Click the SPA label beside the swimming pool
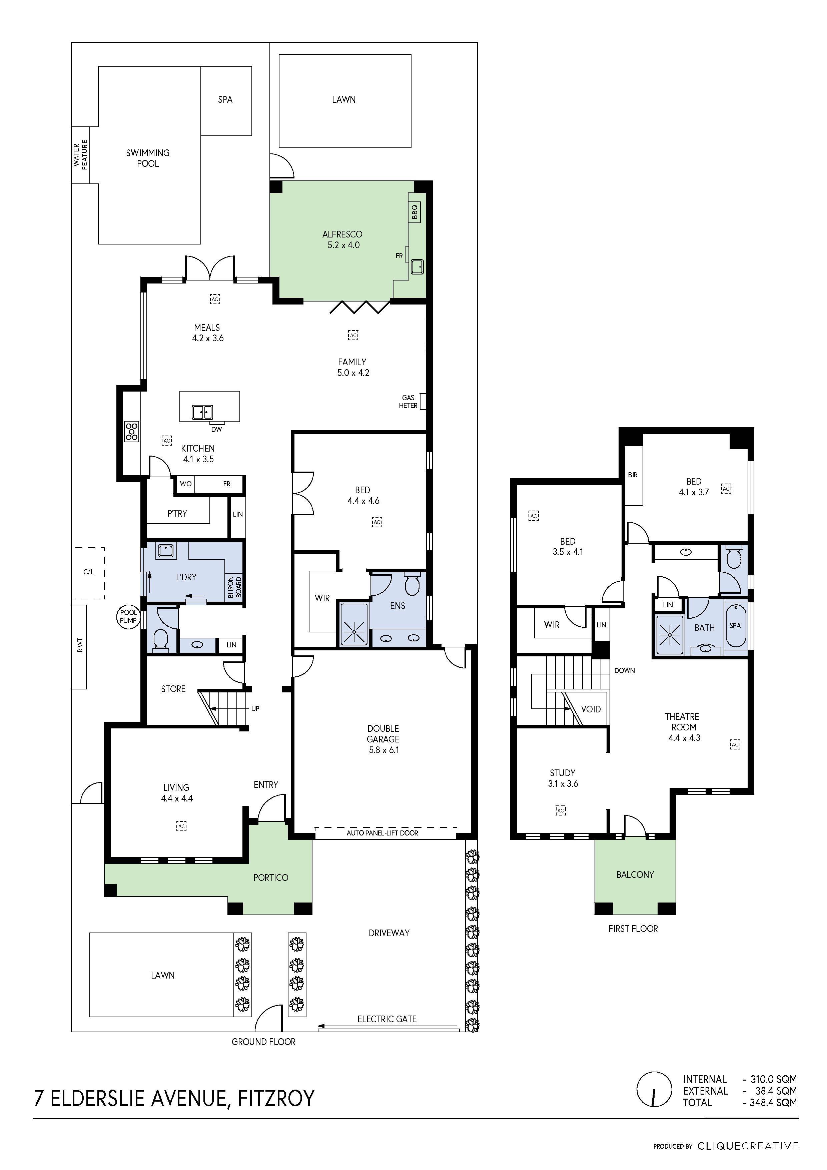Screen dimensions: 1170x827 [x=225, y=100]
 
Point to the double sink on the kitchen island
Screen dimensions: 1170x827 [x=202, y=412]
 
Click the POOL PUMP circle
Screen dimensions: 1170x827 [x=128, y=617]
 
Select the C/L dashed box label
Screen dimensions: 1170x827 [x=89, y=572]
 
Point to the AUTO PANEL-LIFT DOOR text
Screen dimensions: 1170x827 [x=382, y=833]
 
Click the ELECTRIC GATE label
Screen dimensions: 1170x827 [x=387, y=1019]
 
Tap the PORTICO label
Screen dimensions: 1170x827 [x=270, y=877]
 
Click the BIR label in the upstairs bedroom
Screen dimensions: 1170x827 [x=632, y=475]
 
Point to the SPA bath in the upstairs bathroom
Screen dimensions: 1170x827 [x=735, y=626]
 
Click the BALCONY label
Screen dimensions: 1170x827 [x=635, y=874]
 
